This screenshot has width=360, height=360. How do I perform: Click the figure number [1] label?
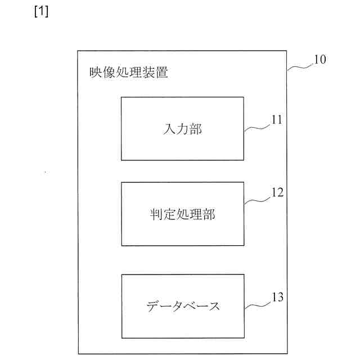(41, 12)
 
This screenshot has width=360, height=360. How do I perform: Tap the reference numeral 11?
(276, 119)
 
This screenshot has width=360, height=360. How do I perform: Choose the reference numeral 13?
(277, 296)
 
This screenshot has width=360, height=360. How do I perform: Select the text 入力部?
(182, 129)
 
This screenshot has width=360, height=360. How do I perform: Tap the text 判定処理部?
(182, 214)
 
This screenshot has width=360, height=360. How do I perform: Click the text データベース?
(182, 307)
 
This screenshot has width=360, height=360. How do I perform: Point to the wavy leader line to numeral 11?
(257, 126)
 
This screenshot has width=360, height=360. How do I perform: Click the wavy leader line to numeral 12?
(258, 199)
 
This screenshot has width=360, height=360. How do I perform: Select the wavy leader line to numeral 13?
(258, 303)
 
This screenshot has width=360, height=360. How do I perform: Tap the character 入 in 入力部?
(169, 129)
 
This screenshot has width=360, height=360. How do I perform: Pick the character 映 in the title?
(96, 73)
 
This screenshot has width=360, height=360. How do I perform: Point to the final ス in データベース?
(213, 307)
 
